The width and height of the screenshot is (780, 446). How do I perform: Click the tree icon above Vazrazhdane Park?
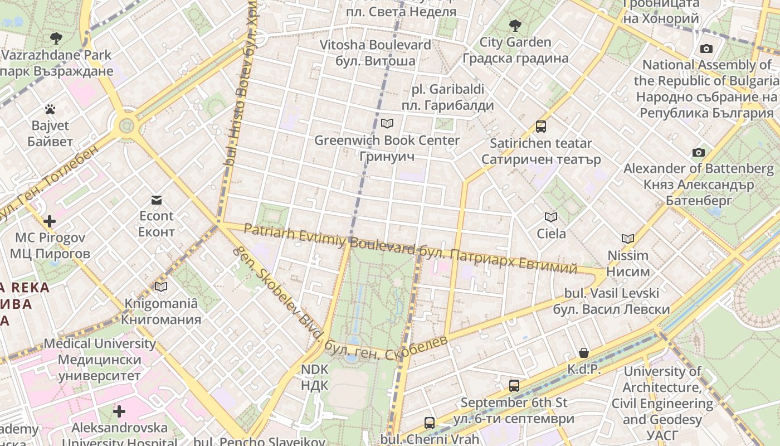pos(56,38)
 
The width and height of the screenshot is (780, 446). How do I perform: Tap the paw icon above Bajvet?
pos(50,109)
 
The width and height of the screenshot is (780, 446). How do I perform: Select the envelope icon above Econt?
pos(156,200)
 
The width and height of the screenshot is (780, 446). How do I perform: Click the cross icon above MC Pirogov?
pos(50,221)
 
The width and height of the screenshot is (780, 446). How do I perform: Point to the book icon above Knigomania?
pos(161,287)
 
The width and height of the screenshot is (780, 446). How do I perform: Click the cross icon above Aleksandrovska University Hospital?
pos(119,411)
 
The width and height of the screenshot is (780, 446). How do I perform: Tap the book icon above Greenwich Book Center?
pos(387,123)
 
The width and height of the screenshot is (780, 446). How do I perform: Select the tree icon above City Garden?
pos(515,25)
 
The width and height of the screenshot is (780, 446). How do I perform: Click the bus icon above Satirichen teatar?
pos(540,127)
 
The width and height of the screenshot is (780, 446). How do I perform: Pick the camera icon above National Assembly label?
pos(706,49)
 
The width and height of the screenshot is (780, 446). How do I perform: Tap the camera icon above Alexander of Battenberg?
pos(698,152)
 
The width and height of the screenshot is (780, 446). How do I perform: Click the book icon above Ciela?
pos(551,217)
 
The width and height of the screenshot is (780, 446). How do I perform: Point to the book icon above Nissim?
pos(628,239)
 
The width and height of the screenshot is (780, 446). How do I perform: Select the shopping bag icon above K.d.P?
pos(583,352)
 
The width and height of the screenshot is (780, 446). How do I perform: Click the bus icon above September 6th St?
pos(514,385)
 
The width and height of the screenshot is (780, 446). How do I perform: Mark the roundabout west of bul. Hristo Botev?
pos(127,124)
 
